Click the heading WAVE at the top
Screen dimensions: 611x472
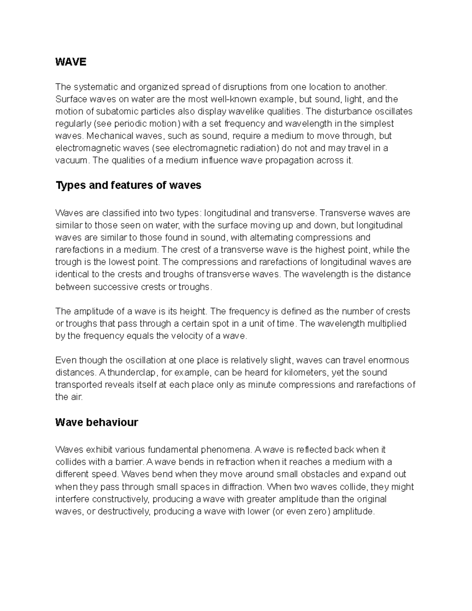click(70, 62)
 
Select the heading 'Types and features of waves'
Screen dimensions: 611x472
click(128, 185)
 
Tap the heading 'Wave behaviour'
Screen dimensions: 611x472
click(96, 423)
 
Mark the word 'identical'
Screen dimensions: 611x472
click(70, 274)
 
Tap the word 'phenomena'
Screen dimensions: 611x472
click(226, 450)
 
